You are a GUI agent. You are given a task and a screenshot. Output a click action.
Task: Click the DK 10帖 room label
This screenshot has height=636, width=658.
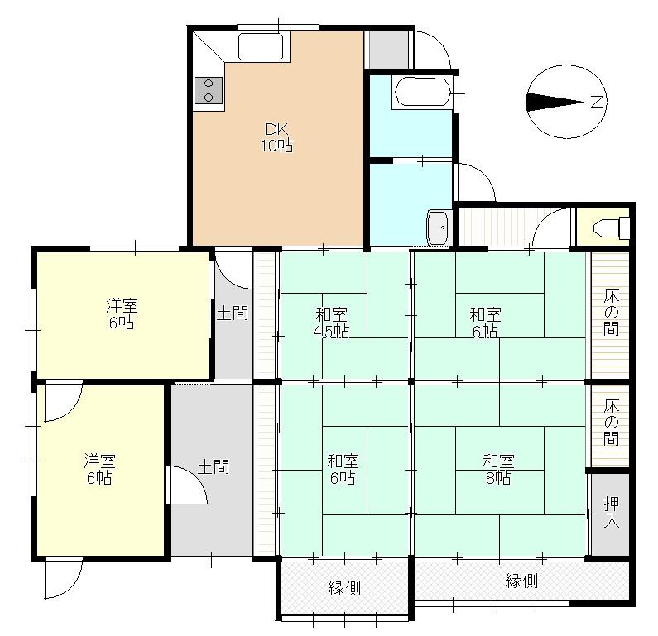click(x=277, y=137)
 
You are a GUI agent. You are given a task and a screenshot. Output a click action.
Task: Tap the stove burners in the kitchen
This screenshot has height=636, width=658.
click(x=209, y=90)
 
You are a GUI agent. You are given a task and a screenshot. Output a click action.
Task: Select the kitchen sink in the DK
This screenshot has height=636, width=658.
click(x=262, y=46)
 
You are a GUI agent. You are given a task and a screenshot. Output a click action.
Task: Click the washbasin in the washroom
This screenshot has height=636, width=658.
click(x=438, y=226)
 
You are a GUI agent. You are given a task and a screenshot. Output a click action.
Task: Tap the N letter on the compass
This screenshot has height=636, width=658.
click(x=598, y=103)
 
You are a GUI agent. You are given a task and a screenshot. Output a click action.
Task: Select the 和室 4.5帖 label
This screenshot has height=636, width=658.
click(x=331, y=323)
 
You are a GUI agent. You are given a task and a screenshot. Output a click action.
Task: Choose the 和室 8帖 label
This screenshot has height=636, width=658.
click(x=497, y=469)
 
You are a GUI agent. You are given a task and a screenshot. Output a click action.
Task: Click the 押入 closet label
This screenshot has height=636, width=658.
click(x=611, y=513)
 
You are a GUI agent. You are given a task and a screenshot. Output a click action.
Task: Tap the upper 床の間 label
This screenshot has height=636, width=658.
click(x=611, y=312)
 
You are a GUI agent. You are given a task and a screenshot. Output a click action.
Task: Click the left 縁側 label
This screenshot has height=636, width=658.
click(x=344, y=588)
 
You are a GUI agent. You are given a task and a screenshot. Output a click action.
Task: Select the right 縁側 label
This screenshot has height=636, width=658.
click(x=522, y=581)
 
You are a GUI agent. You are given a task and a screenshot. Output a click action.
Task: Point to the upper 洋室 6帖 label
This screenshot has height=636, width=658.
click(x=121, y=313)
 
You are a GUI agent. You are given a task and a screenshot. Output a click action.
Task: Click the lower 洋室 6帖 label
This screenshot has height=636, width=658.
click(x=98, y=468)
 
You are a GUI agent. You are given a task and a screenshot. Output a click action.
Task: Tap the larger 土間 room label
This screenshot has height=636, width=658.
click(x=214, y=466)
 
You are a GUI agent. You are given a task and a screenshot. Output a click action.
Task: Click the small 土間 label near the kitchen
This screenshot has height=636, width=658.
click(x=233, y=313)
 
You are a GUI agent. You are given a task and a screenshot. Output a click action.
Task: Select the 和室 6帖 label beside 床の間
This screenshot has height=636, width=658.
click(x=485, y=323)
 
